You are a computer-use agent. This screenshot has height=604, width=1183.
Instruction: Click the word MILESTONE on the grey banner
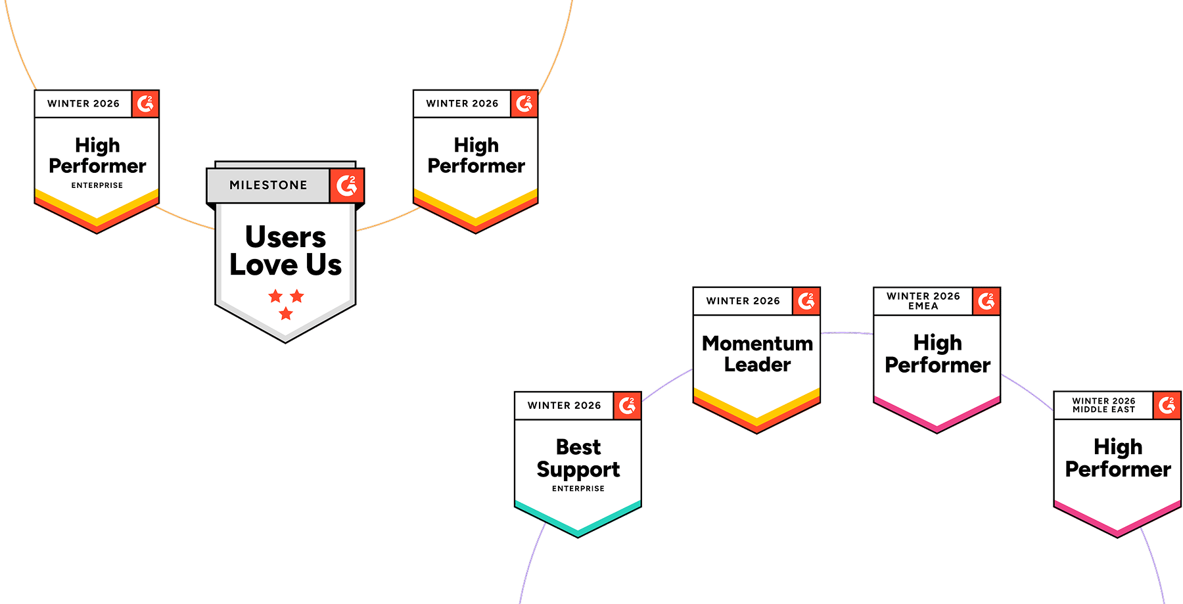[x=268, y=185]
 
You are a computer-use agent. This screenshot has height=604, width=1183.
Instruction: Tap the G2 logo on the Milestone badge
[x=346, y=186]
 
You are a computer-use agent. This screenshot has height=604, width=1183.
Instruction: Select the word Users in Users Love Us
[x=285, y=237]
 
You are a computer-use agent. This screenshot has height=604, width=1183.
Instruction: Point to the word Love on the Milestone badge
[x=263, y=265]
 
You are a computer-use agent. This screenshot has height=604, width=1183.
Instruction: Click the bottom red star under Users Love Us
[x=285, y=314]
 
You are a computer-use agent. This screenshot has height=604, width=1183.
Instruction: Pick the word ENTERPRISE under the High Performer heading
[x=97, y=185]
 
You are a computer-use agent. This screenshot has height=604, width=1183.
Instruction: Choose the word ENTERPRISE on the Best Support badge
[x=578, y=488]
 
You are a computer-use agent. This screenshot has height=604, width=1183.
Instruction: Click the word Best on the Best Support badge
[x=578, y=447]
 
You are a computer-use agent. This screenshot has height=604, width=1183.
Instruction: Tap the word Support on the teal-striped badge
[x=578, y=470]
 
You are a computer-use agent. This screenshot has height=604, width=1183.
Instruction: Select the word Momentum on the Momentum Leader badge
[x=757, y=343]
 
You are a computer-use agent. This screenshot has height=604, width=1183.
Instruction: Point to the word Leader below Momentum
[x=757, y=365]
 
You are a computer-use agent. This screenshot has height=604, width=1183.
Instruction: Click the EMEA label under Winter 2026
[x=923, y=306]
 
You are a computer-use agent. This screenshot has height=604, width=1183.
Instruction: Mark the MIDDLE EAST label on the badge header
[x=1103, y=409]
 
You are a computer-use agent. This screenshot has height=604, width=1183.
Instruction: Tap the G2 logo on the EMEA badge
[x=986, y=301]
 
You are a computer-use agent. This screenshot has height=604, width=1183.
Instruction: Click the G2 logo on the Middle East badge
[x=1167, y=406]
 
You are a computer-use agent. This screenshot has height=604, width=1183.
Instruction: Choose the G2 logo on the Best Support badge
[x=627, y=406]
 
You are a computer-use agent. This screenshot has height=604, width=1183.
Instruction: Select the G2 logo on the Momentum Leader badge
[x=806, y=301]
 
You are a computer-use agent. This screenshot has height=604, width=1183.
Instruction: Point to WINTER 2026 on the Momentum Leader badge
[x=743, y=301]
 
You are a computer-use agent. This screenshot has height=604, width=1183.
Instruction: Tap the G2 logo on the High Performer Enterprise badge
[x=145, y=104]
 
